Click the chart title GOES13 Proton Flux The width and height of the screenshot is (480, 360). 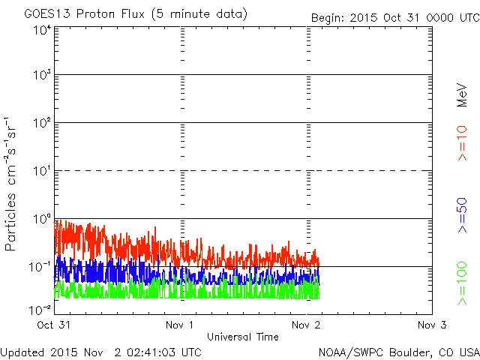click(x=135, y=14)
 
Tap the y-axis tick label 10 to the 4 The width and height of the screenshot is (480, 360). click(x=42, y=30)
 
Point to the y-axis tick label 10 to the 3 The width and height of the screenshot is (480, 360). click(x=42, y=76)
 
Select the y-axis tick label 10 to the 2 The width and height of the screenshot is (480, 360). click(x=42, y=124)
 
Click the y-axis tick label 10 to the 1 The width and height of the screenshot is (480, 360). click(x=42, y=172)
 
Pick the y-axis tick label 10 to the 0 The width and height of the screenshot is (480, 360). click(x=42, y=220)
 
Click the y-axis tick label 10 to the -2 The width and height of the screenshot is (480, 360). click(x=40, y=310)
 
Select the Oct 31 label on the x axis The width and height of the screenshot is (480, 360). click(x=55, y=325)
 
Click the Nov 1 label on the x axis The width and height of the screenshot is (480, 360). click(x=181, y=325)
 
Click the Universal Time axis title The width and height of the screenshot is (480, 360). click(x=243, y=337)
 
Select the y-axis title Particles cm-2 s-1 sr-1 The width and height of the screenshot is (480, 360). click(x=13, y=184)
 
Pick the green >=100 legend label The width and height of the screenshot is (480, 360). click(x=462, y=285)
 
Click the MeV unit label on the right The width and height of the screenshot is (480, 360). click(x=462, y=96)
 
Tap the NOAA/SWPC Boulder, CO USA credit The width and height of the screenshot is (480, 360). click(x=398, y=352)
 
